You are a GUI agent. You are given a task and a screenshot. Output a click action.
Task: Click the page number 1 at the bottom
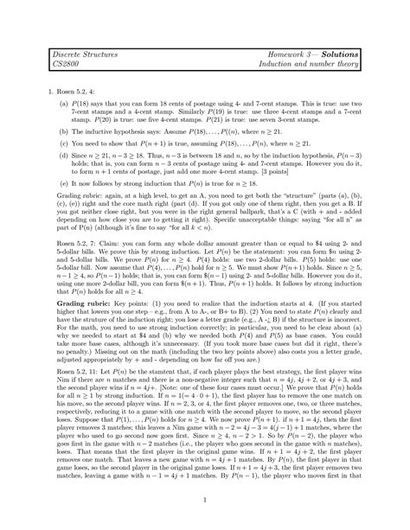coord(205,499)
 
